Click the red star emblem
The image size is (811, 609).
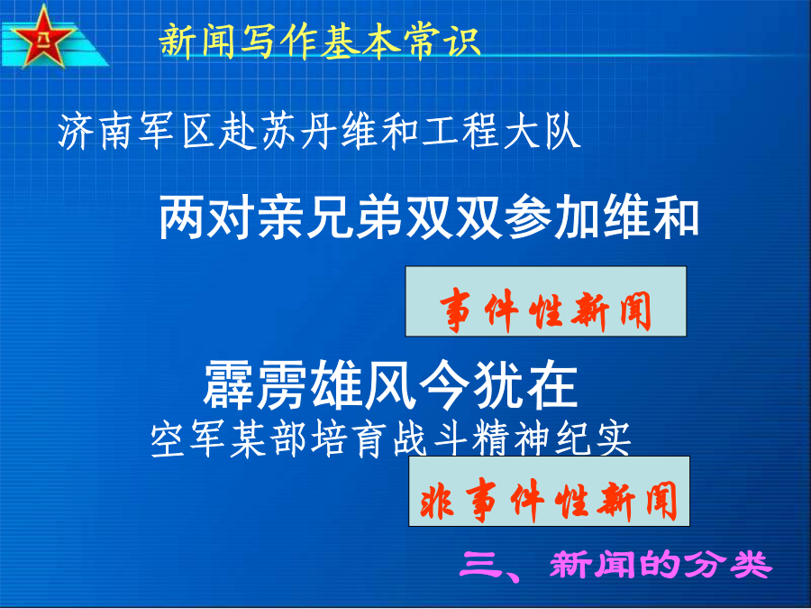point(42,37)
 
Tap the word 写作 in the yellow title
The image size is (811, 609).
point(281,41)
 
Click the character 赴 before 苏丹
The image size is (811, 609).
point(238,132)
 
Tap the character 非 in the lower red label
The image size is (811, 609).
point(438,502)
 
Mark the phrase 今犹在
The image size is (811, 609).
point(498,385)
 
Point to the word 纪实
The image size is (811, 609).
point(593,439)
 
